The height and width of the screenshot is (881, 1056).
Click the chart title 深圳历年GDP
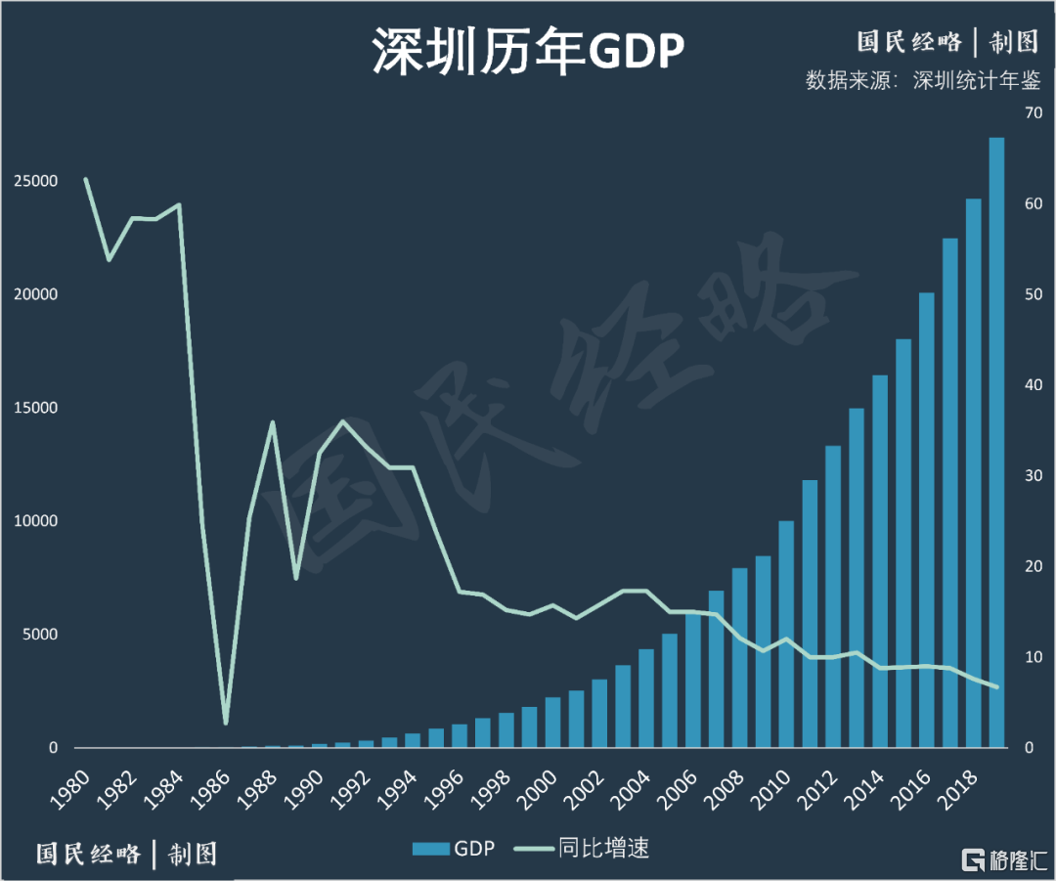click(526, 51)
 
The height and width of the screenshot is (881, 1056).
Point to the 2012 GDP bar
click(833, 596)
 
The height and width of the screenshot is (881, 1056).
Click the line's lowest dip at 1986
click(226, 723)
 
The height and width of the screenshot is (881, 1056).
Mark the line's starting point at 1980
click(86, 180)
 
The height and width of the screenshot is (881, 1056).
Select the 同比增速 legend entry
click(582, 848)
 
